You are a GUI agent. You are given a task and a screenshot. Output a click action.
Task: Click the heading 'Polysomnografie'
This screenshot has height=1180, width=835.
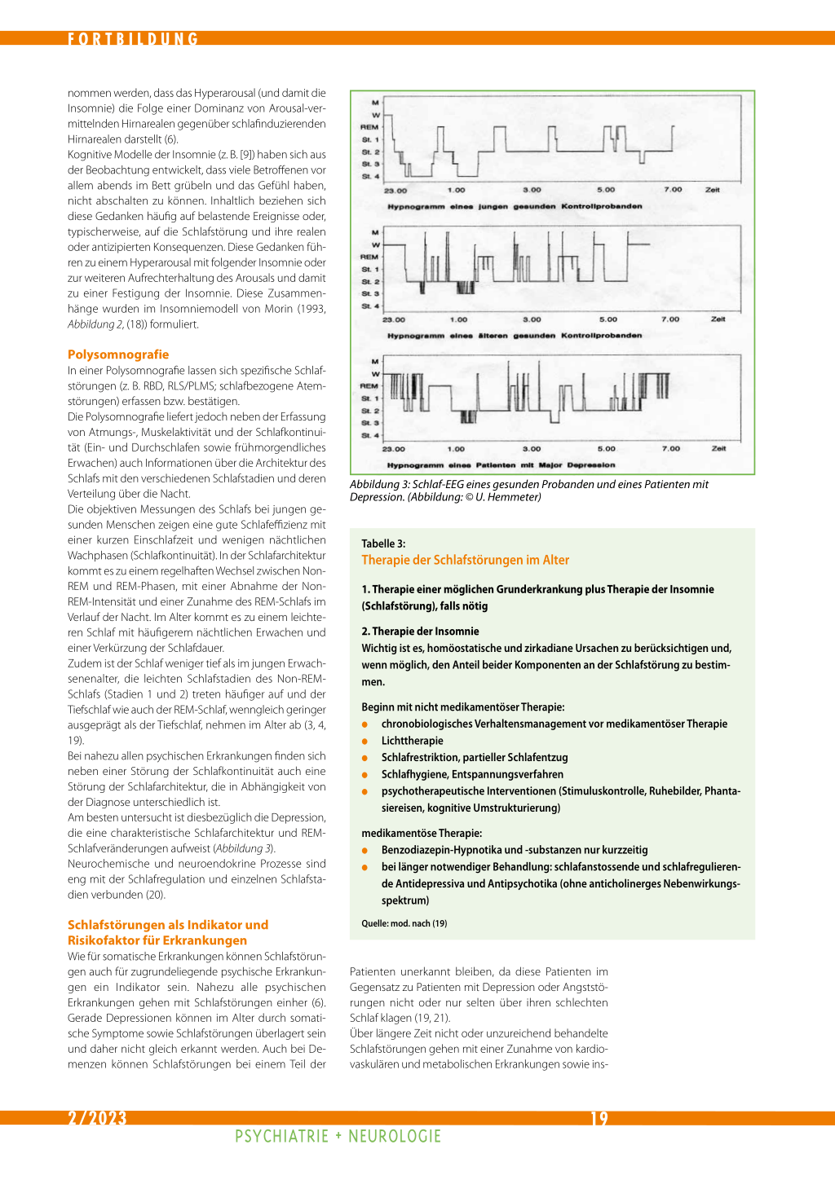118,354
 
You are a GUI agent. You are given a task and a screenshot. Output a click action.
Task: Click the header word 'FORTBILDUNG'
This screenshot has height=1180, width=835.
133,39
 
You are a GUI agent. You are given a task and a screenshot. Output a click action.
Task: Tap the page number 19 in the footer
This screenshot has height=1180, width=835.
599,1118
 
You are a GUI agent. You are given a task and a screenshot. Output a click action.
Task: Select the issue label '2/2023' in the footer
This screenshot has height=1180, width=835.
97,1118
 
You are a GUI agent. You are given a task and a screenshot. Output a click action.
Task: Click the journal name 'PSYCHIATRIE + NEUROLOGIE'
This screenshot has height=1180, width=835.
338,1136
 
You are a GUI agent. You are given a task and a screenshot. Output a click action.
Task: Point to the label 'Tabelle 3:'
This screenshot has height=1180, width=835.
383,544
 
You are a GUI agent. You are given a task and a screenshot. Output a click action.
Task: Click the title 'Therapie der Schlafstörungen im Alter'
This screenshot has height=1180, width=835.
465,560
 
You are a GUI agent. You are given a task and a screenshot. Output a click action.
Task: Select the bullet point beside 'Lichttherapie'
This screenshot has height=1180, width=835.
364,742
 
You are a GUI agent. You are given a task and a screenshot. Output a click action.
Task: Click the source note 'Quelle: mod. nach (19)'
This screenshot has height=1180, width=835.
404,923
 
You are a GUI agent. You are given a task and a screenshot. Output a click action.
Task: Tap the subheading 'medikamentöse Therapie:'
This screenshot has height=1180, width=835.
422,833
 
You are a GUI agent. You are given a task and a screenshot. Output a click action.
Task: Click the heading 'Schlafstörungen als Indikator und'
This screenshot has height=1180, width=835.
167,925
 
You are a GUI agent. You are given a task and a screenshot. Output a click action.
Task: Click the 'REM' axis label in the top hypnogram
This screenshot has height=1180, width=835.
369,127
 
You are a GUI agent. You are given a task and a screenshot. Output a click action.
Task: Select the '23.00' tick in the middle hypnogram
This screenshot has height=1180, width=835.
394,319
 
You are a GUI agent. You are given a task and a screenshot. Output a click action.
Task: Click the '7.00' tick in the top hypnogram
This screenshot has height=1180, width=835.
673,190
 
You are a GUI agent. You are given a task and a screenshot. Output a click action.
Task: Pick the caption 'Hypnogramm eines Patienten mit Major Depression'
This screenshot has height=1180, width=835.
501,465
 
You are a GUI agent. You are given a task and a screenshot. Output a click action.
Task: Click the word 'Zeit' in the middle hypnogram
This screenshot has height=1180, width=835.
718,319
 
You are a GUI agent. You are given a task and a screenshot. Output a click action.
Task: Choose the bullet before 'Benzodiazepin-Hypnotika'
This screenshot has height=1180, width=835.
364,851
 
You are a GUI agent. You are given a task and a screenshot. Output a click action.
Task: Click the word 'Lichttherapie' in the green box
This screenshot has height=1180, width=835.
412,741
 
